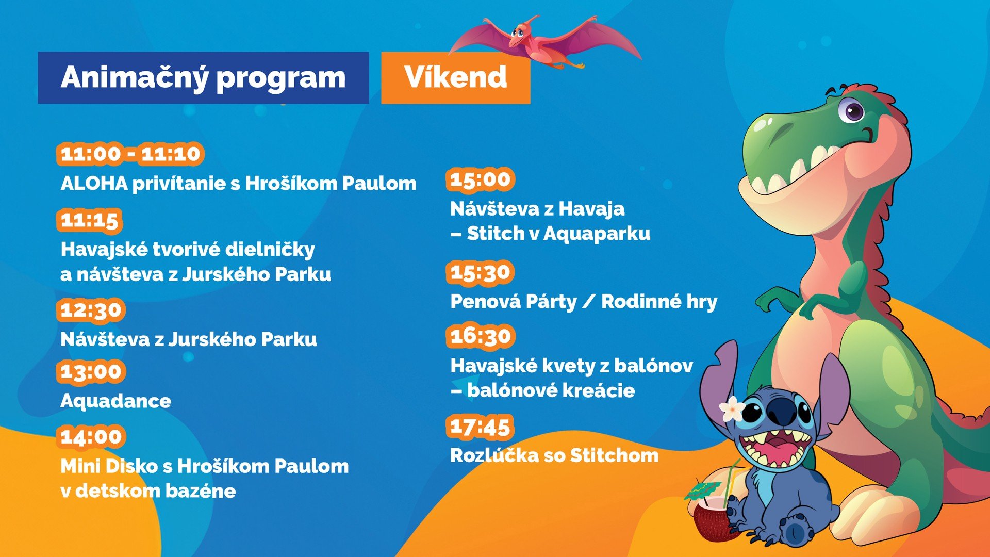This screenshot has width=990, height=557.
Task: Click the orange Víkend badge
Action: coord(455,78)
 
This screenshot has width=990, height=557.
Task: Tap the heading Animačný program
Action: coord(203,78)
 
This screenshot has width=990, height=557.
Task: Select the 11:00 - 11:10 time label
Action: coord(130,154)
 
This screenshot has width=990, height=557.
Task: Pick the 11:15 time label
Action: coord(89,220)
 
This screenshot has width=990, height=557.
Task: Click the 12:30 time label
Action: coord(91,310)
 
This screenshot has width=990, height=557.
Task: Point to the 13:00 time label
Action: coord(91,371)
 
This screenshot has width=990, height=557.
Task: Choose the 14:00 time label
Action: coord(91,437)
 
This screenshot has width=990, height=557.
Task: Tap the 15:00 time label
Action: coord(480,179)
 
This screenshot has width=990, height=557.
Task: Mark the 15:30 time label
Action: coord(480,272)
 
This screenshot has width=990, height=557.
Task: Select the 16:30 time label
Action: coord(480,337)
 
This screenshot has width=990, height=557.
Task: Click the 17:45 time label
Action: coord(480,427)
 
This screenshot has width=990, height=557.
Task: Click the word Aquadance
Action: coord(115,401)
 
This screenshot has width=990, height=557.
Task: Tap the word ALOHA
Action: coord(94,183)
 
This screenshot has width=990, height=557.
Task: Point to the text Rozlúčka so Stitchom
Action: coord(554,455)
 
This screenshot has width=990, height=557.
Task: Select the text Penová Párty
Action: coord(514,302)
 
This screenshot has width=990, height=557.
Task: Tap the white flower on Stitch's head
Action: coord(732,409)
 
